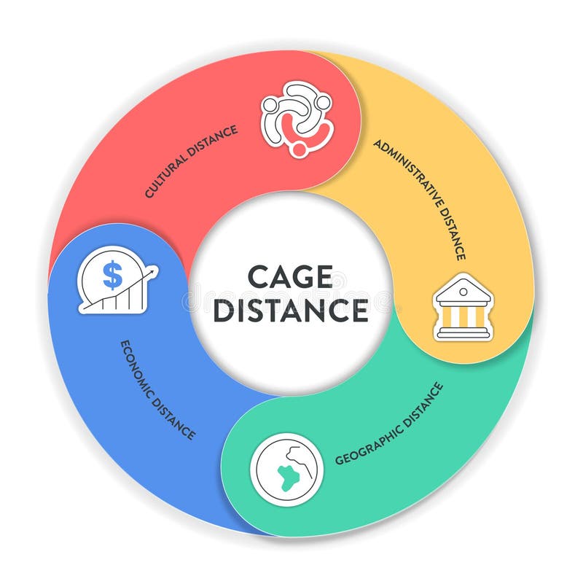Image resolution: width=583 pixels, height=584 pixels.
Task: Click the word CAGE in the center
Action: pyautogui.click(x=290, y=277)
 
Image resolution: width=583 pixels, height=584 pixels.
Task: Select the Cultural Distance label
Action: pyautogui.click(x=191, y=161)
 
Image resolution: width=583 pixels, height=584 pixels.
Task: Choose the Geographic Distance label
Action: pyautogui.click(x=389, y=424)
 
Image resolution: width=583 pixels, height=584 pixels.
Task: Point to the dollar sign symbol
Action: pyautogui.click(x=112, y=275)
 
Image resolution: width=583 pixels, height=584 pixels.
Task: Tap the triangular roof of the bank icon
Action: pyautogui.click(x=463, y=288)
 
